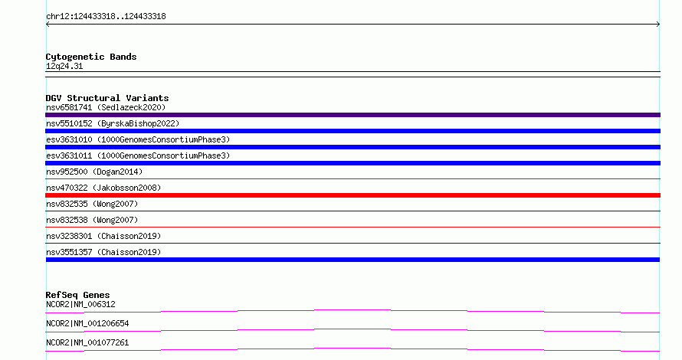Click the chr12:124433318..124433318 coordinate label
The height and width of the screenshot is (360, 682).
tap(106, 17)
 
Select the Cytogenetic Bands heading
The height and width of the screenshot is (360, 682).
tap(91, 57)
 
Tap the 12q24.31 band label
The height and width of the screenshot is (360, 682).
tap(64, 66)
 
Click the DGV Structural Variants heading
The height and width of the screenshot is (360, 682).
tap(107, 98)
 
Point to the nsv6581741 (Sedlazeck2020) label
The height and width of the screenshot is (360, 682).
tap(106, 107)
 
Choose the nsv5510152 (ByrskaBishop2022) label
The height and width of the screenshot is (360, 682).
tap(113, 123)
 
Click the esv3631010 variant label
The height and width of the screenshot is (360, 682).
tap(138, 139)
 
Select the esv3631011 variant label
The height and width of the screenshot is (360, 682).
tap(138, 155)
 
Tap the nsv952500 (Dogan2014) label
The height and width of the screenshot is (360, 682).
tap(94, 172)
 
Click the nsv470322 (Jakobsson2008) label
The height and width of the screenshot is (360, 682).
tap(103, 188)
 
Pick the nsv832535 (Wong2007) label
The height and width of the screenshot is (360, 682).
tap(92, 204)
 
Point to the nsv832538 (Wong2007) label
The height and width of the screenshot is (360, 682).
tap(92, 220)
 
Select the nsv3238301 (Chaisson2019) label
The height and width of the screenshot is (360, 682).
tap(103, 236)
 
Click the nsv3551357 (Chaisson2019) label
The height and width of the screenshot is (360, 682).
tap(103, 252)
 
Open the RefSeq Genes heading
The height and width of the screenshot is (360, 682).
tap(77, 295)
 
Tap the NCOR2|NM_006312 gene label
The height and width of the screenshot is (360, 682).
tap(80, 304)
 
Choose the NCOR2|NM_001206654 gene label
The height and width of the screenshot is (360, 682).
tap(87, 323)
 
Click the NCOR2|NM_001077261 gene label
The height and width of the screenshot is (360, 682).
tap(87, 342)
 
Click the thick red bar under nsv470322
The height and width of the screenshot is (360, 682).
tap(352, 195)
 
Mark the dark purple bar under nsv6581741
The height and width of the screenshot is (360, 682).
tap(352, 115)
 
